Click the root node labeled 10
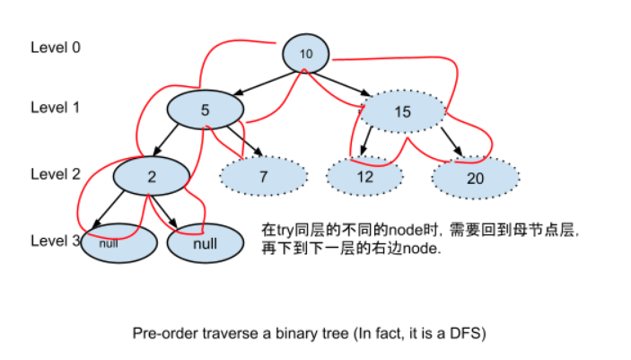coord(306,53)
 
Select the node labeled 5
coord(206,110)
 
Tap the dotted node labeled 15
coord(402,111)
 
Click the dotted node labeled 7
coord(263,177)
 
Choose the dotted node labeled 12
coord(364,177)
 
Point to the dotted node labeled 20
coord(476,178)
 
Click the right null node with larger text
coord(206,243)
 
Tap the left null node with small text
coord(109,243)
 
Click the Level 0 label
coord(56,47)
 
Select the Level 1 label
coord(56,108)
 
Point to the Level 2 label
coord(56,173)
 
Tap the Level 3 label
coord(54,240)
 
